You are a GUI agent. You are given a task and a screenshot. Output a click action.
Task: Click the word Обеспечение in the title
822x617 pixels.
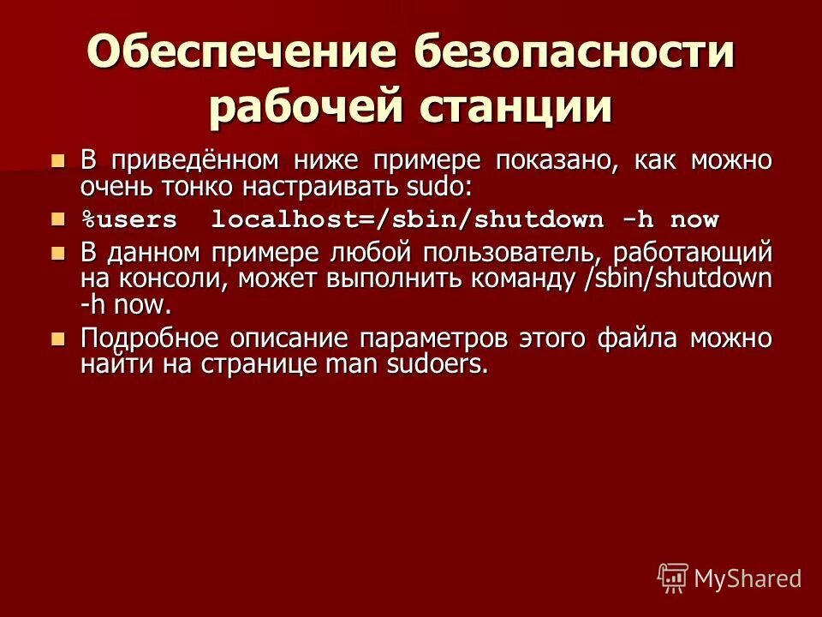click(x=241, y=54)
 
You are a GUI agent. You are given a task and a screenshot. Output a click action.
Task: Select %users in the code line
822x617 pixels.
click(x=128, y=220)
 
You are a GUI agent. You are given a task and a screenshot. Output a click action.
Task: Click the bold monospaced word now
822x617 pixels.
click(x=694, y=220)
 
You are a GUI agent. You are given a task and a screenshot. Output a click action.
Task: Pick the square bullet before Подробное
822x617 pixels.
click(x=58, y=338)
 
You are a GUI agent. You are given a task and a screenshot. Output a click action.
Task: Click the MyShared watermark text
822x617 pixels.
click(x=748, y=578)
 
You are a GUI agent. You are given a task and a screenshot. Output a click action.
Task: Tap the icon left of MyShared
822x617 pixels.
click(x=673, y=578)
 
